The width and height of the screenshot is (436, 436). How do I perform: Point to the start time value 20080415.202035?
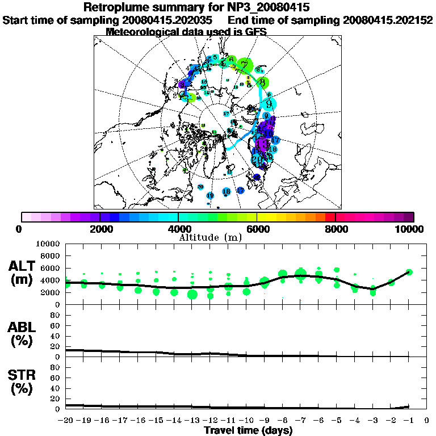click(x=174, y=20)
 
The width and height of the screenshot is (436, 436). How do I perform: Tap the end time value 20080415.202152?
click(x=388, y=20)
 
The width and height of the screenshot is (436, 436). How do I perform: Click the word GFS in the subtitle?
click(x=255, y=32)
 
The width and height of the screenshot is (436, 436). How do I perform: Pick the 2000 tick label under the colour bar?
click(x=100, y=229)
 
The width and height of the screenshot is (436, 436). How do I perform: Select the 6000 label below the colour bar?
click(x=257, y=229)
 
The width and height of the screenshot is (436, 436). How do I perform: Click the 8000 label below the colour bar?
click(x=336, y=229)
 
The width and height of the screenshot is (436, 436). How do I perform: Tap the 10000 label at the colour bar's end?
click(x=410, y=229)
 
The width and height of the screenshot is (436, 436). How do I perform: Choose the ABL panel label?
click(x=22, y=327)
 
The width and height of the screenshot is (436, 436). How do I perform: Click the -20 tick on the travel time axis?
click(x=65, y=421)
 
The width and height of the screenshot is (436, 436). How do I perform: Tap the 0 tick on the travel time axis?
click(x=427, y=421)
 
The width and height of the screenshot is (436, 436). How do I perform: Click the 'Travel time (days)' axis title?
click(x=248, y=430)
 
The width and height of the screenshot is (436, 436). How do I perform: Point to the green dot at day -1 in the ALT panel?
click(x=409, y=272)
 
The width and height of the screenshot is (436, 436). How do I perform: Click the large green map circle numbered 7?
click(x=245, y=65)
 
